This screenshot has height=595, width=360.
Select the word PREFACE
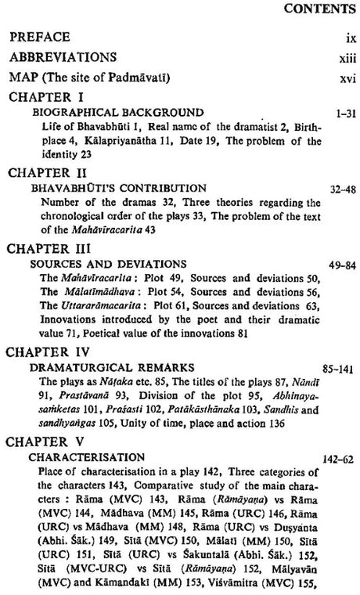click(40, 37)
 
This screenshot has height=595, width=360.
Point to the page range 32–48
click(337, 189)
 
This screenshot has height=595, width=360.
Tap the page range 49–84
click(337, 264)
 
